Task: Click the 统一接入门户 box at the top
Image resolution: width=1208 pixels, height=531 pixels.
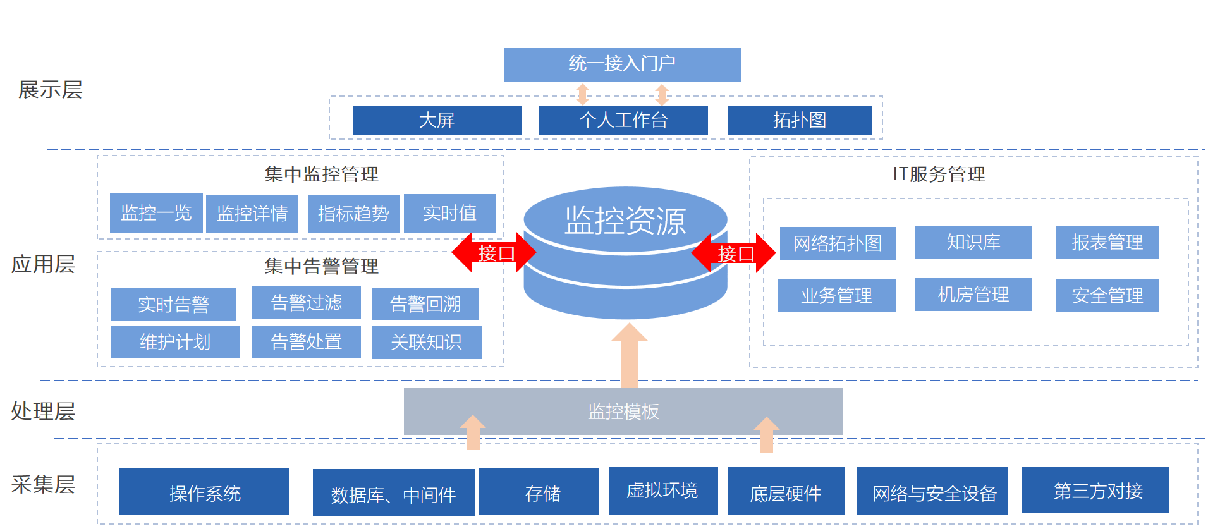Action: (622, 64)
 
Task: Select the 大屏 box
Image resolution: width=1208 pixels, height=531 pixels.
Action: (437, 120)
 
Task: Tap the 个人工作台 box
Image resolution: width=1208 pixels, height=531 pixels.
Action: (623, 120)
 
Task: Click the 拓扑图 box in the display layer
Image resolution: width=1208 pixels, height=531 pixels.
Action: (800, 120)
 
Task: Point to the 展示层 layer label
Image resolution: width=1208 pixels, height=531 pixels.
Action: (50, 90)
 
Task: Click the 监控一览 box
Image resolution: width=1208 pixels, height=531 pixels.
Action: (156, 214)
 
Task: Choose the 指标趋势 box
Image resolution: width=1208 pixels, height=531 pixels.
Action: (353, 214)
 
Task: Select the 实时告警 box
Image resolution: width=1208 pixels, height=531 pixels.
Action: (174, 305)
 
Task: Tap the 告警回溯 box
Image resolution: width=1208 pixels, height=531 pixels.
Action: (425, 304)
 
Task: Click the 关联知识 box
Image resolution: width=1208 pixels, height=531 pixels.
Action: (426, 342)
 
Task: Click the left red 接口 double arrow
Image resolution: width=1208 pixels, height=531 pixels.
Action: (494, 253)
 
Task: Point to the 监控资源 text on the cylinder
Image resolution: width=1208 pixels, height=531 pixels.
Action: (625, 221)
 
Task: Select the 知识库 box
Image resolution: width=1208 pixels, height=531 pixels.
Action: (973, 242)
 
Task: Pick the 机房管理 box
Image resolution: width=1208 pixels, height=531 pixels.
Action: (973, 295)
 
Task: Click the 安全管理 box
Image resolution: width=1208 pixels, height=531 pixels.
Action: (1107, 295)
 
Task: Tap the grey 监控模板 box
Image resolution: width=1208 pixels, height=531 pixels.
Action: (623, 412)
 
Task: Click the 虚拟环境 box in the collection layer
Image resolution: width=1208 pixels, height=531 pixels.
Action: (662, 491)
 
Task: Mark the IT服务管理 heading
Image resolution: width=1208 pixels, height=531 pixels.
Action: (939, 174)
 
